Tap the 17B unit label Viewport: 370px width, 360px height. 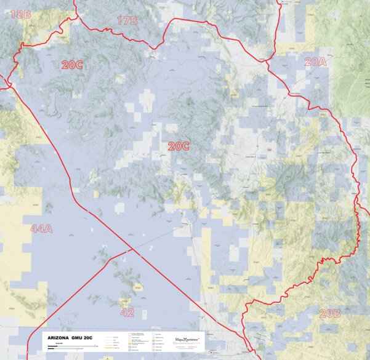point(127,21)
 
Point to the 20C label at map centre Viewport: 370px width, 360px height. point(179,146)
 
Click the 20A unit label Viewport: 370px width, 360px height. point(315,62)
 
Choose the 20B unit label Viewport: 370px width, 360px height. point(330,313)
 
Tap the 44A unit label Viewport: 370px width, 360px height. point(42,229)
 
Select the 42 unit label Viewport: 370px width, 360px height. point(127,312)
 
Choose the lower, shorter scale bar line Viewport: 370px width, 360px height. point(62,350)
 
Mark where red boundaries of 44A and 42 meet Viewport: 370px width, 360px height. point(131,249)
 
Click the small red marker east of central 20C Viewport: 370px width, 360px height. point(270,149)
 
